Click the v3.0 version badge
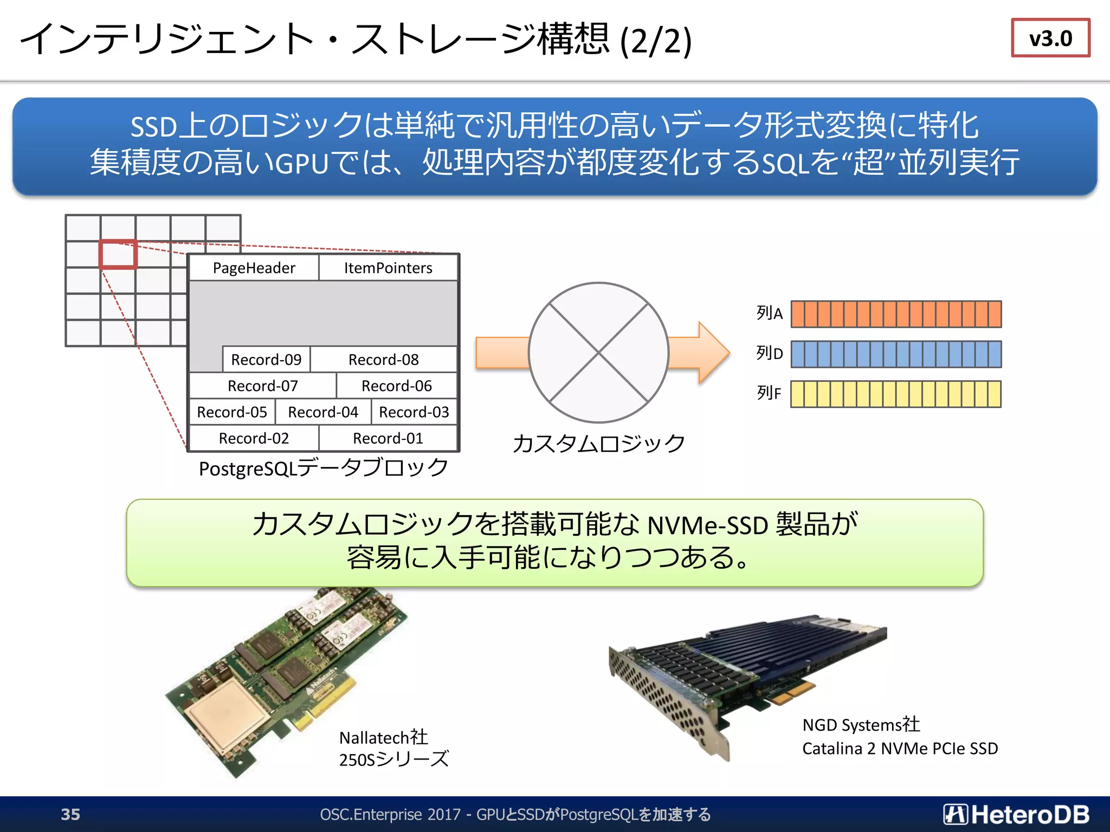[1050, 38]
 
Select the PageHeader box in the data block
[254, 268]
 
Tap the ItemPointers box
[388, 268]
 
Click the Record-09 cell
[266, 360]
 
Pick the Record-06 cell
[396, 386]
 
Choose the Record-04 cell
[323, 412]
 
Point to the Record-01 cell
[388, 438]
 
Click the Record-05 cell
[232, 412]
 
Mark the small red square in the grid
[118, 255]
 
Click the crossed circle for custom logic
[598, 353]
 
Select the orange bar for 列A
[895, 314]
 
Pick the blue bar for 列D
[895, 354]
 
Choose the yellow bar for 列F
[895, 394]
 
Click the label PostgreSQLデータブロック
[324, 468]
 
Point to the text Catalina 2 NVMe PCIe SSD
[900, 749]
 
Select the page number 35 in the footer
[70, 814]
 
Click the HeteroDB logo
[1016, 814]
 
